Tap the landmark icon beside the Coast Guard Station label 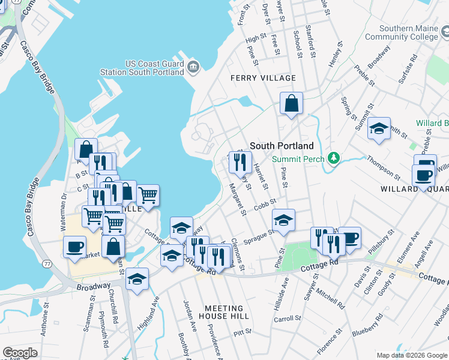click(193, 67)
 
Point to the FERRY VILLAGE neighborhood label click(264, 78)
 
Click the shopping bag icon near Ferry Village click(291, 103)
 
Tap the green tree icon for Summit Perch click(334, 159)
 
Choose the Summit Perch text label click(298, 159)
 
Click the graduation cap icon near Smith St click(379, 128)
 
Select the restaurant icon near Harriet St click(240, 161)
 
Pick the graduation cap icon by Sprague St click(283, 220)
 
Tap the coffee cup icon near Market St click(75, 247)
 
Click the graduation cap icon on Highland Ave click(137, 279)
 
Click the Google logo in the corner click(20, 352)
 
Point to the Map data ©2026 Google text click(412, 355)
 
